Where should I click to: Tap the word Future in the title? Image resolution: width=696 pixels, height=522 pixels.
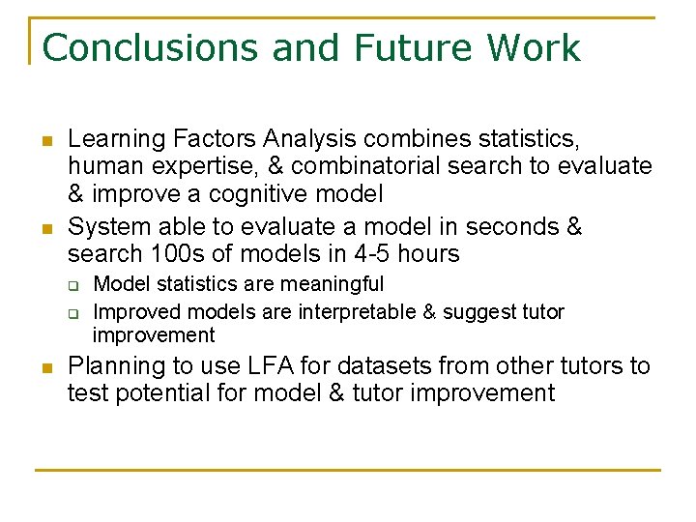point(414,47)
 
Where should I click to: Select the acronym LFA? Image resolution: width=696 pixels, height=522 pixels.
point(264,366)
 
